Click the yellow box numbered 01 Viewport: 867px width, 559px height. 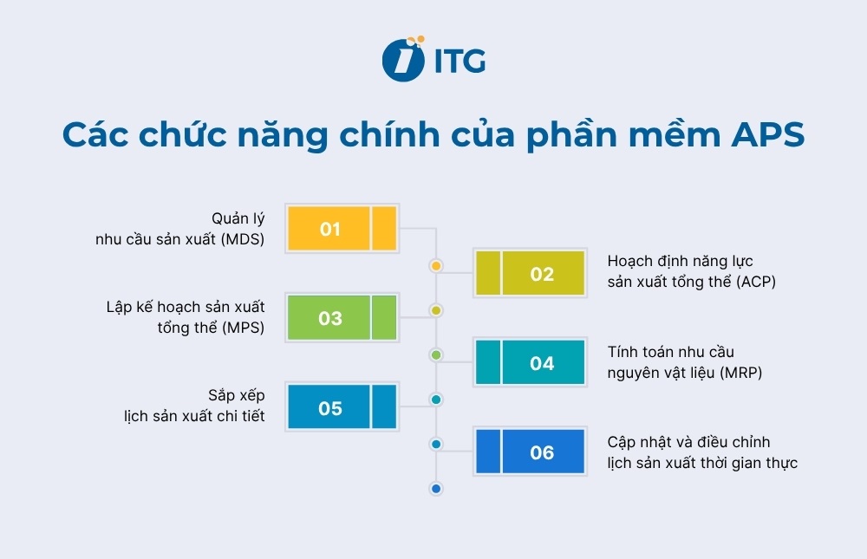(x=342, y=229)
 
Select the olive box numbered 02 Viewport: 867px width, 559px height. (x=531, y=274)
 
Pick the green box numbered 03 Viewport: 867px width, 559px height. (x=342, y=318)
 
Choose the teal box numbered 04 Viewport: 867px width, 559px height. (x=531, y=363)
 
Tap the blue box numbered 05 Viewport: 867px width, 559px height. (x=342, y=407)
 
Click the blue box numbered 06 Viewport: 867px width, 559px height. (x=531, y=452)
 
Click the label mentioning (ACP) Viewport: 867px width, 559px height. (x=691, y=271)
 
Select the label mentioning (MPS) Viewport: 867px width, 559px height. (x=186, y=317)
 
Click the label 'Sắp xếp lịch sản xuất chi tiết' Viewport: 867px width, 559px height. (x=193, y=406)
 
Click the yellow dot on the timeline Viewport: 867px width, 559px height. (x=436, y=265)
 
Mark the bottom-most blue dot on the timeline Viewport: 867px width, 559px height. (x=436, y=489)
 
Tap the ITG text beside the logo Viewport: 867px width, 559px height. (x=458, y=61)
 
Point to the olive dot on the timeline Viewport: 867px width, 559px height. (x=436, y=309)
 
